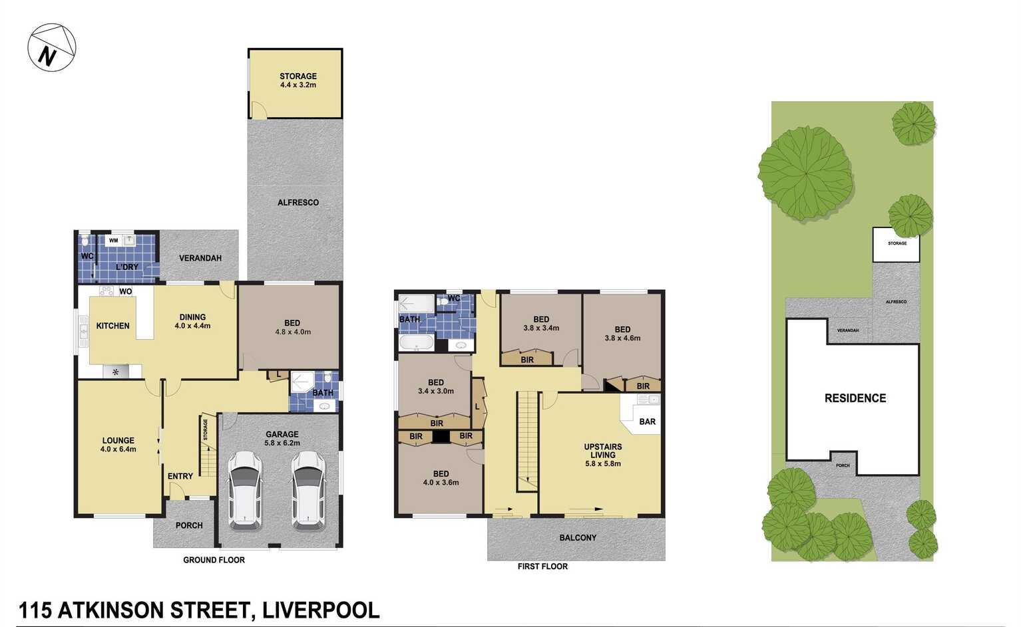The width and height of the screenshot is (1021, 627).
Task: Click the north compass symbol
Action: tap(51, 48)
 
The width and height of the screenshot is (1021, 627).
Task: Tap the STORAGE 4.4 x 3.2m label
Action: tap(298, 80)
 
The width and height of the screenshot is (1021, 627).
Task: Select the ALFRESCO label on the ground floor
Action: tap(298, 202)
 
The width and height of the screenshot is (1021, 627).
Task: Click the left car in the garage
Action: tap(244, 490)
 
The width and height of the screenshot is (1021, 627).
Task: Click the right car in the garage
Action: tap(308, 490)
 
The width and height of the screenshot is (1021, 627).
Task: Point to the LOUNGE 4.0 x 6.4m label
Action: tap(118, 444)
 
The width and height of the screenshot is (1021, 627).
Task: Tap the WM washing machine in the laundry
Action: tap(114, 240)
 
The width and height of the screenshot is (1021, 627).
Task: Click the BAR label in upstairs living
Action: tap(647, 422)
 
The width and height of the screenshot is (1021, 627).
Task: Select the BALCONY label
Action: tap(577, 537)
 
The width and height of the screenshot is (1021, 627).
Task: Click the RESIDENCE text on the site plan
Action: tap(855, 398)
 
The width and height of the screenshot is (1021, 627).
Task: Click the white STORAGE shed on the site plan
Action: tap(896, 245)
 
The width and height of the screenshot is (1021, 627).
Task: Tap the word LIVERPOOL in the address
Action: tap(321, 610)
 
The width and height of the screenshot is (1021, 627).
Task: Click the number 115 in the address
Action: tap(35, 610)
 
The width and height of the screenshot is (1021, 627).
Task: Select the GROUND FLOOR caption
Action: tap(214, 560)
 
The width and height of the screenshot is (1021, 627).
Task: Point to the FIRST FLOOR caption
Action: tap(542, 566)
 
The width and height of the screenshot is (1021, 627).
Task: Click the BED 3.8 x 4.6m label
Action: tap(622, 333)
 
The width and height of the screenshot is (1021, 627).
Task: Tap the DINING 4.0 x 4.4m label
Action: tap(192, 321)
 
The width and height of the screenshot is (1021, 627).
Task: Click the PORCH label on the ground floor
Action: tap(189, 525)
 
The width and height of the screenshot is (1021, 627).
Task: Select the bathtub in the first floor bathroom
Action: tap(416, 343)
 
